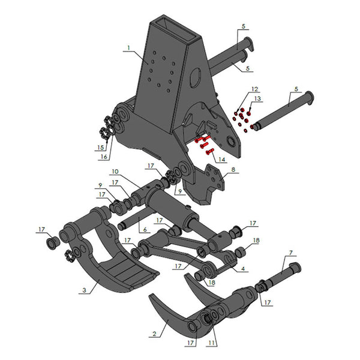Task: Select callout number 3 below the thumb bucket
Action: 85,290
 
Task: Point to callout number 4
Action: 242,268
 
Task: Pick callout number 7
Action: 290,253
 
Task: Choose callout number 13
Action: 257,98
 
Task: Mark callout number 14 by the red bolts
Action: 223,160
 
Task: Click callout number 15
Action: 100,148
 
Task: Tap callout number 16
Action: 104,157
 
